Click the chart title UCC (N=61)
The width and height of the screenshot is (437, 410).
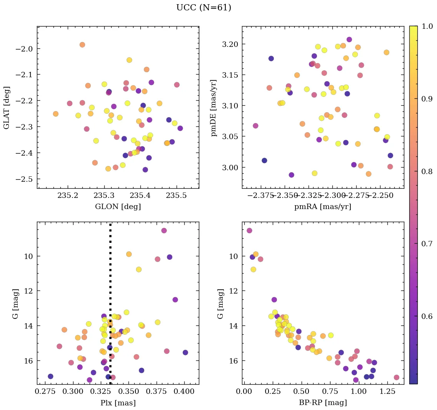tap(203, 8)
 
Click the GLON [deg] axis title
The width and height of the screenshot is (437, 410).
tap(118, 207)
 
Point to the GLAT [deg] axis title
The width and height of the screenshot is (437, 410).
tap(7, 108)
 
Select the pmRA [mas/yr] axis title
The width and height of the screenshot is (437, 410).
tap(322, 207)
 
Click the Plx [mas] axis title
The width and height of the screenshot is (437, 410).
tap(118, 403)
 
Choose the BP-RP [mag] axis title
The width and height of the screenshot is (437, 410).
tap(322, 403)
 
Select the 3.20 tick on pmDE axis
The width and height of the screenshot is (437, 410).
tap(230, 44)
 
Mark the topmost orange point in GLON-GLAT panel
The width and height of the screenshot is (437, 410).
tap(82, 45)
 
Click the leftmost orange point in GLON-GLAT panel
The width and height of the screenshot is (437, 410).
tap(56, 114)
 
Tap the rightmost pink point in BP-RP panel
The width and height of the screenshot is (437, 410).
tap(396, 377)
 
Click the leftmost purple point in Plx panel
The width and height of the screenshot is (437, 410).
tap(50, 376)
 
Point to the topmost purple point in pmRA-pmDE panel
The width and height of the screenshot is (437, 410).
tap(349, 40)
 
